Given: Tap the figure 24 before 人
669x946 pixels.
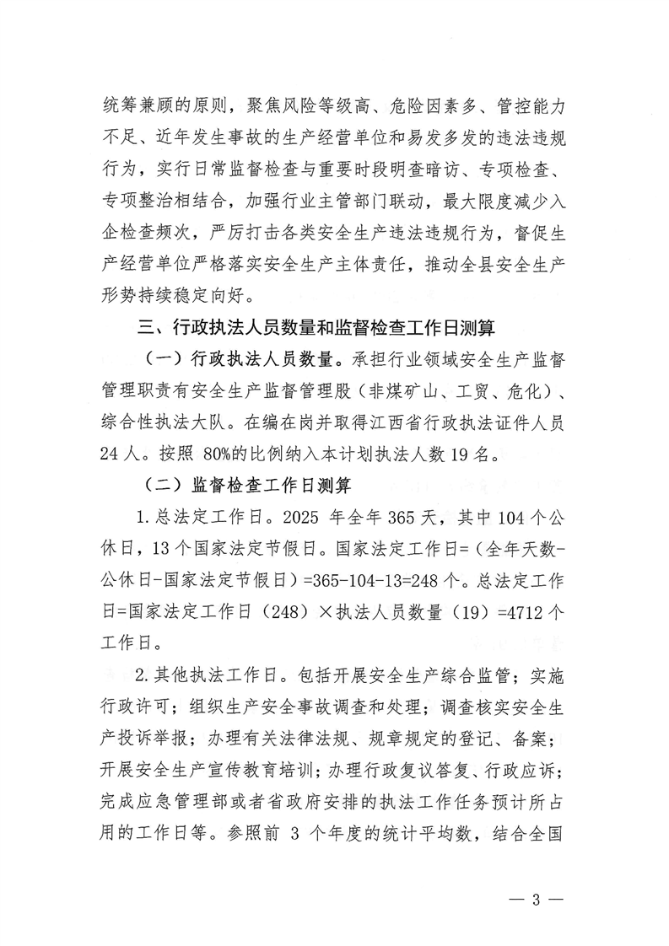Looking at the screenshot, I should [x=110, y=456].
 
